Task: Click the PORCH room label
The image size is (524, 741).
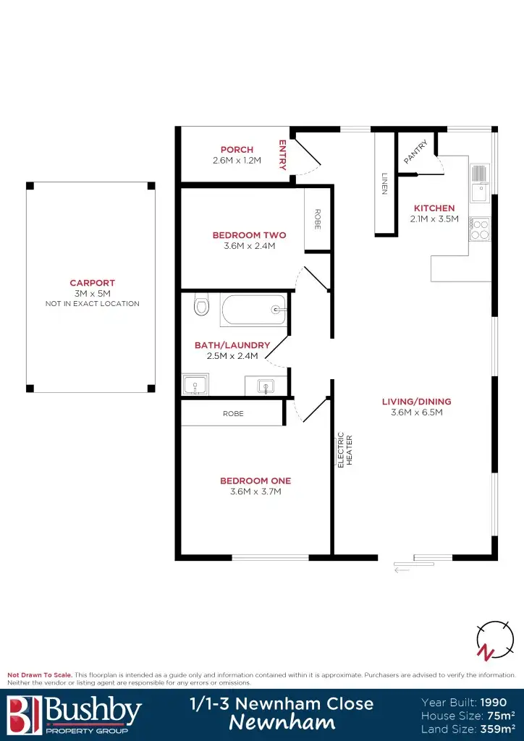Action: [x=237, y=150]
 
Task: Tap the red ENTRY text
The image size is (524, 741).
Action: [x=283, y=155]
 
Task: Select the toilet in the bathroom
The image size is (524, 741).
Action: [x=201, y=305]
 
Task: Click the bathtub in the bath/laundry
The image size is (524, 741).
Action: [x=253, y=310]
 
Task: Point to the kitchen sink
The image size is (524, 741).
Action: [x=480, y=183]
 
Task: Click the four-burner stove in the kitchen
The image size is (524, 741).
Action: [x=479, y=229]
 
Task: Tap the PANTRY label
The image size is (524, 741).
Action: [x=416, y=152]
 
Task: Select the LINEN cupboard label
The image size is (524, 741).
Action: [x=384, y=184]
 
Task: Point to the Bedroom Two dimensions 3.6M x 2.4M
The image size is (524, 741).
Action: [x=249, y=246]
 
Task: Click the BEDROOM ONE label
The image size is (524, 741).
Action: [x=255, y=480]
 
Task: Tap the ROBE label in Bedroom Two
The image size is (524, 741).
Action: [x=317, y=219]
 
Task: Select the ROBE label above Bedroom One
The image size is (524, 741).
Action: [x=233, y=414]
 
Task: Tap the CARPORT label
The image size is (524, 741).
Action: [x=92, y=283]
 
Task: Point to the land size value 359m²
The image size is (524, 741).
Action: [x=494, y=729]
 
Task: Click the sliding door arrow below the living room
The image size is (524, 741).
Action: [x=402, y=570]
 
